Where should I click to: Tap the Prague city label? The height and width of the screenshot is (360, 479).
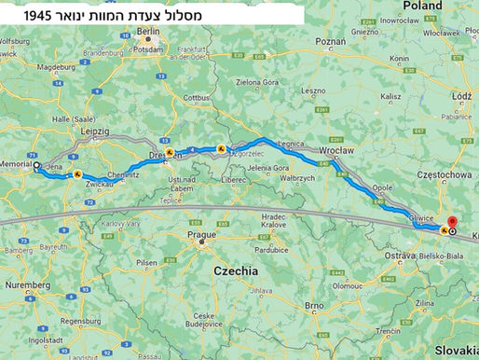[x=201, y=235]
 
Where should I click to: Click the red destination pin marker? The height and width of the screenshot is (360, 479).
[x=452, y=221]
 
